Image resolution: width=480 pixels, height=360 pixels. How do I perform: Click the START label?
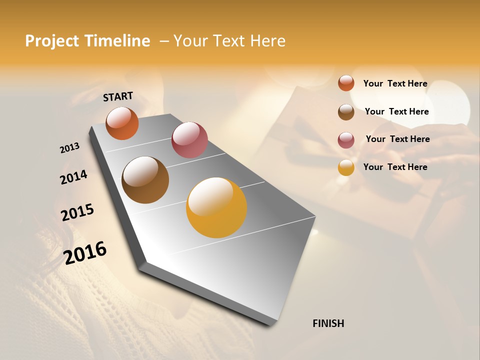pos(118,96)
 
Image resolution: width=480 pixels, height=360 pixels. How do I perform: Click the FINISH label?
pos(328,323)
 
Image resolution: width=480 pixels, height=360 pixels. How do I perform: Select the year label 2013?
pos(70,147)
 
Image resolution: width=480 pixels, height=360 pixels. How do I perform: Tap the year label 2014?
pos(73,177)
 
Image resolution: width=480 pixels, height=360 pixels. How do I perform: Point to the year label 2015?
pos(77,212)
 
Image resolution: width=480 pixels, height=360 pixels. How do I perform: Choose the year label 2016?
pos(85,252)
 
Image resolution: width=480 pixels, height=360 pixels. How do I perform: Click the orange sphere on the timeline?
pos(122,123)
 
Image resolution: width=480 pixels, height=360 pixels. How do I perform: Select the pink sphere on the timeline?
pos(189,140)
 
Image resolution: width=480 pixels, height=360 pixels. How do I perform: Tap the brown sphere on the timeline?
pos(145,180)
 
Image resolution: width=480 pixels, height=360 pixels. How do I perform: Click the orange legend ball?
pos(346,83)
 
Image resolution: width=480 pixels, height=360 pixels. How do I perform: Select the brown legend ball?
pos(346,112)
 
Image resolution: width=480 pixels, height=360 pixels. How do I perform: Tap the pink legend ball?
pos(346,140)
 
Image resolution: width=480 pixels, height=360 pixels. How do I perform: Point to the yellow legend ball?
pos(346,167)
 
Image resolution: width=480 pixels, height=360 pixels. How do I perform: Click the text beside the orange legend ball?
pos(395,83)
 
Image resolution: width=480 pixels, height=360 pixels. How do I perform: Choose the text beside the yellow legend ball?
pos(395,167)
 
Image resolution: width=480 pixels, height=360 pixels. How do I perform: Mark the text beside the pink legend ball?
pos(397,139)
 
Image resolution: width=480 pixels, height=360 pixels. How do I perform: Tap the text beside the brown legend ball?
pos(396,111)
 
